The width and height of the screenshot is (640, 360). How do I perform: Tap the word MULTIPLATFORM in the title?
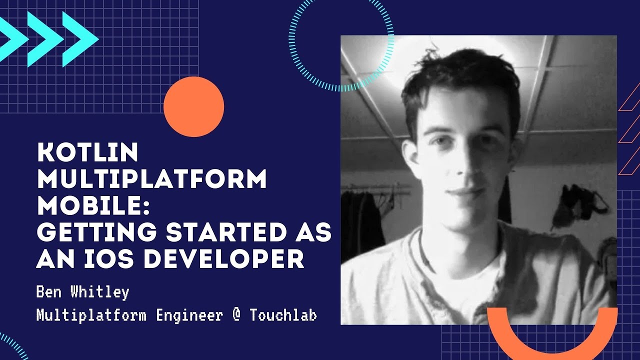pyautogui.click(x=152, y=179)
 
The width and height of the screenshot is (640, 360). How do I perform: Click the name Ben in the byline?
pyautogui.click(x=49, y=292)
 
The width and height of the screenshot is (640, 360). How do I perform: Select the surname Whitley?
pyautogui.click(x=99, y=292)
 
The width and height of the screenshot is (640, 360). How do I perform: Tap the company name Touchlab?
pyautogui.click(x=283, y=315)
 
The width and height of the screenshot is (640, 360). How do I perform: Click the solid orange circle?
pyautogui.click(x=193, y=106)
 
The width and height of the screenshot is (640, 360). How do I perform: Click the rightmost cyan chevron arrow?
pyautogui.click(x=80, y=39)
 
